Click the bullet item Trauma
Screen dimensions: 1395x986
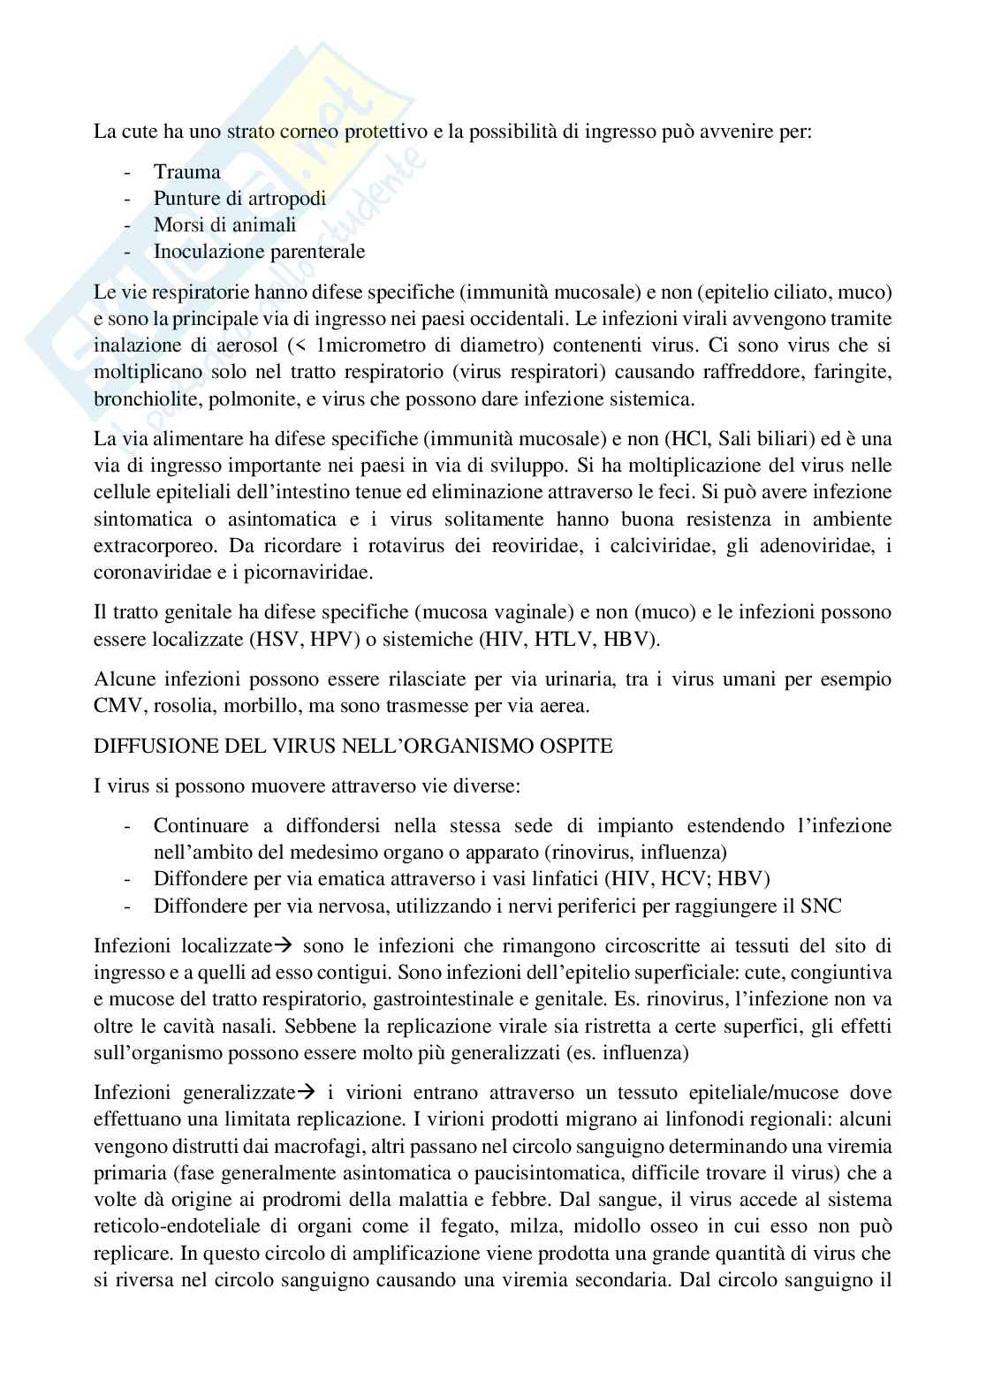pos(186,172)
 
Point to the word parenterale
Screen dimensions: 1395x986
pos(315,251)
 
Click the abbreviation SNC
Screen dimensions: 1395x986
pos(821,906)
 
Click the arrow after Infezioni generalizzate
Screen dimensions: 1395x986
pos(307,1093)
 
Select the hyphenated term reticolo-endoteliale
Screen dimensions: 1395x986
pos(175,1226)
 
